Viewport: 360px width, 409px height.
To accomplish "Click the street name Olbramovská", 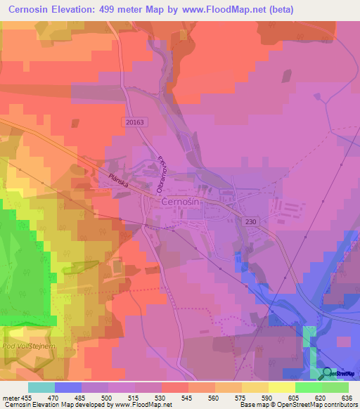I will pyautogui.click(x=161, y=172).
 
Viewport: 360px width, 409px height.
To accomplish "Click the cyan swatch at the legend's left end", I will pyautogui.click(x=41, y=387).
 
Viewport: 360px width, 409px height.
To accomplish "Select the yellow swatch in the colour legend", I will pyautogui.click(x=281, y=387).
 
